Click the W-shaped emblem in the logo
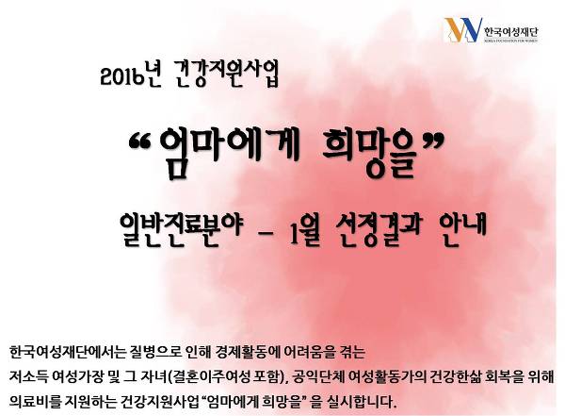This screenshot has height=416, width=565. point(463,29)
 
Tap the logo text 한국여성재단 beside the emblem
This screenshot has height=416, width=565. point(511,32)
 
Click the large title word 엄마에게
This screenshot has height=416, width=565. point(230,151)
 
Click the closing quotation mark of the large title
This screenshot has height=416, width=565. point(431,141)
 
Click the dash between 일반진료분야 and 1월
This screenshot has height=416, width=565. point(266,233)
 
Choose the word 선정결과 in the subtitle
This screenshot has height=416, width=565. point(378,229)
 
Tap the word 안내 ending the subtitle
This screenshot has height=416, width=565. point(463,227)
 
